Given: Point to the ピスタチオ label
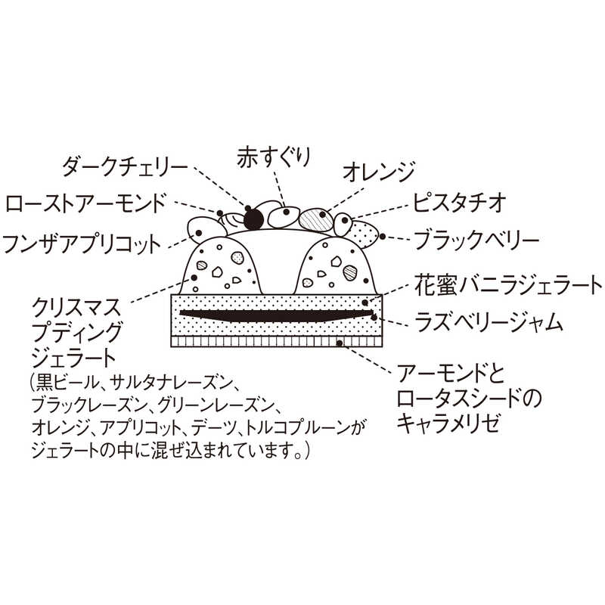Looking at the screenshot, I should (459, 203).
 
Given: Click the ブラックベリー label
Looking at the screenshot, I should (476, 241).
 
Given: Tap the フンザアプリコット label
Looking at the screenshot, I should (82, 244).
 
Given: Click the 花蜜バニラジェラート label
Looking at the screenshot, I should (507, 286).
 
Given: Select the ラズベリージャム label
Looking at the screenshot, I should (489, 323).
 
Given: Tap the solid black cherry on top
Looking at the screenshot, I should (252, 219).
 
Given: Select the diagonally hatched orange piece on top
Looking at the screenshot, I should (316, 221).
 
